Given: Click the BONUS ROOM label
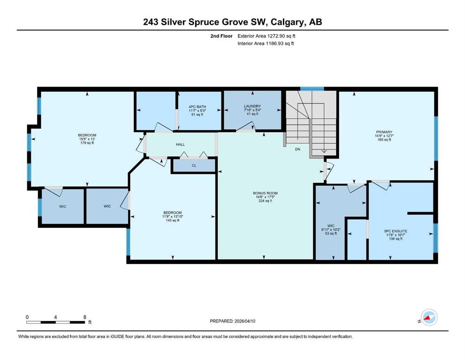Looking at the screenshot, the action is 265,193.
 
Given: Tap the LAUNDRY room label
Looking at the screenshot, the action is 252,106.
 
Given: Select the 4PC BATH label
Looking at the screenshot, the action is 197,107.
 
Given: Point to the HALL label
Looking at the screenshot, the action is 180,144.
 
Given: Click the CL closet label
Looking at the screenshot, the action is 194,165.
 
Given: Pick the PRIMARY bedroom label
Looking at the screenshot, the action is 384,132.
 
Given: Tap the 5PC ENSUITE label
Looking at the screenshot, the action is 396,231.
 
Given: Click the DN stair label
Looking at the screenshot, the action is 297,149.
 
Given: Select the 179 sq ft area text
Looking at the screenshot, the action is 87,143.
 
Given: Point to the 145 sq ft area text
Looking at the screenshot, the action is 172,220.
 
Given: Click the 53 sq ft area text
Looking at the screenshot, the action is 331,233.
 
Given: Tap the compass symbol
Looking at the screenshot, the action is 429,317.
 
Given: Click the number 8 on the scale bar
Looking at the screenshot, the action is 85,317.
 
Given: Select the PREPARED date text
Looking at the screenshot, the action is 232,321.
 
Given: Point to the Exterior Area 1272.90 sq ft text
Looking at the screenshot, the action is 266,36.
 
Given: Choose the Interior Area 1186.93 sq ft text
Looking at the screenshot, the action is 266,43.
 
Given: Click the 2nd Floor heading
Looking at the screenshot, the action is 221,36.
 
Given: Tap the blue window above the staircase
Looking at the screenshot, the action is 312,89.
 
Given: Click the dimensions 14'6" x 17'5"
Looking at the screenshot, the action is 265,197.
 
